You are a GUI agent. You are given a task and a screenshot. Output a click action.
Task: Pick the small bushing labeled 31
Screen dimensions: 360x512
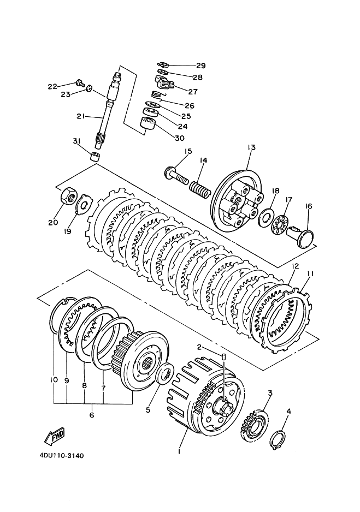click(x=95, y=157)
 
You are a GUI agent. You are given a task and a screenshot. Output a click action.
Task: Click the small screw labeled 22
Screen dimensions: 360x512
click(x=79, y=82)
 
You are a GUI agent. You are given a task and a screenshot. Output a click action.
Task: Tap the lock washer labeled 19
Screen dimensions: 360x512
click(x=84, y=204)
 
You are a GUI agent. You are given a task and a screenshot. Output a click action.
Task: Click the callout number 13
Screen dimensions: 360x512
click(x=251, y=147)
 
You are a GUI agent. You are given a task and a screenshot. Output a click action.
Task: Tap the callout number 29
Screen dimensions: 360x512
click(x=200, y=66)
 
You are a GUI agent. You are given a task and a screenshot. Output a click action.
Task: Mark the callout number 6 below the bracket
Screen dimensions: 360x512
click(x=91, y=415)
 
